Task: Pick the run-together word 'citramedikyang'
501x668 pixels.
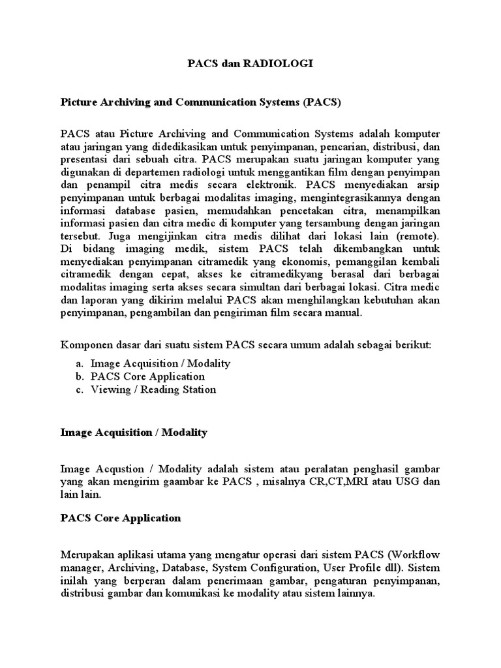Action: [269, 275]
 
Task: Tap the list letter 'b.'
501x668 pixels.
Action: [80, 376]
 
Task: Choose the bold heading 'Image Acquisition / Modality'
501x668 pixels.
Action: [133, 432]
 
